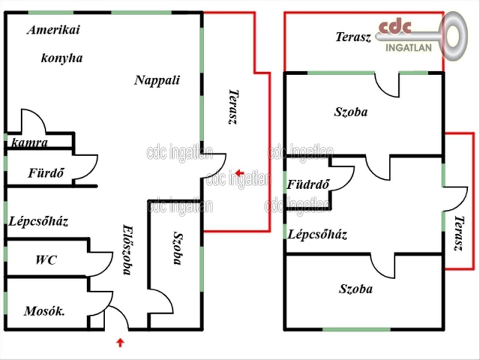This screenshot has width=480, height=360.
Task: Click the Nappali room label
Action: click(x=157, y=81)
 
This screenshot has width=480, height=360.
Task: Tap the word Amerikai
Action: click(x=54, y=30)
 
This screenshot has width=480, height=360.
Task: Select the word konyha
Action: click(x=62, y=58)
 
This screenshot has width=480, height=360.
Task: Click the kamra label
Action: click(x=29, y=143)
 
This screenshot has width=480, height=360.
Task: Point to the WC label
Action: click(x=46, y=260)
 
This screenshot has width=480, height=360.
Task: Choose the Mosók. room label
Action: click(x=44, y=311)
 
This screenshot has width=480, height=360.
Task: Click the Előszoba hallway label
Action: click(x=127, y=250)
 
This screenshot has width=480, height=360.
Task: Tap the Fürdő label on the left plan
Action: click(x=46, y=173)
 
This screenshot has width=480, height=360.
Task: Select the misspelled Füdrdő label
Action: click(x=308, y=184)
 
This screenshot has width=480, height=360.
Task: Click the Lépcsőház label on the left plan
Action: click(x=38, y=222)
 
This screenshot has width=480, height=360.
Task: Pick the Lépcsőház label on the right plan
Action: click(x=317, y=235)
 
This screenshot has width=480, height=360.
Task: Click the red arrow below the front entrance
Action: click(x=120, y=342)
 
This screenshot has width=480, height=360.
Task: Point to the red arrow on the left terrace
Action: click(x=240, y=173)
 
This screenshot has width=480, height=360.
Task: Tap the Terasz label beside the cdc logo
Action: click(x=353, y=37)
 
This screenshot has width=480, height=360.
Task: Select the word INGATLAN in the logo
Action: click(x=408, y=48)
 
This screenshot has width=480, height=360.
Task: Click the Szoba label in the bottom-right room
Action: click(x=356, y=289)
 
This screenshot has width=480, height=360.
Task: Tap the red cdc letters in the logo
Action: click(x=395, y=26)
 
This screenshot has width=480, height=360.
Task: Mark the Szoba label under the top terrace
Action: click(x=351, y=112)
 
